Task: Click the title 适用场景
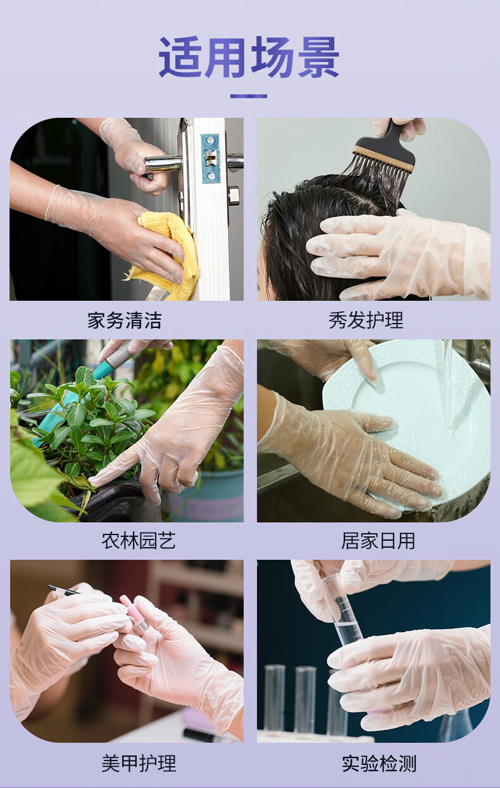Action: coord(249,57)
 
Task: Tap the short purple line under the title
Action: coord(249,96)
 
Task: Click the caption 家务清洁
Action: coord(125,320)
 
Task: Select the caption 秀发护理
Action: coord(366,320)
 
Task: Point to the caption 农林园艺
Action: coord(139,540)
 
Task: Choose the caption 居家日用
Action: coord(378,541)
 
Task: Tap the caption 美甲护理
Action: coord(139,763)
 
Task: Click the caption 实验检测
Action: coord(379,763)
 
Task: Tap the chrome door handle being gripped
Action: coord(162,164)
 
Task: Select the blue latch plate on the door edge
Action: coord(210,158)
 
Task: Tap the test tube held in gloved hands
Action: coord(342,606)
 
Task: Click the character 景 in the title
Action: coord(318,57)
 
